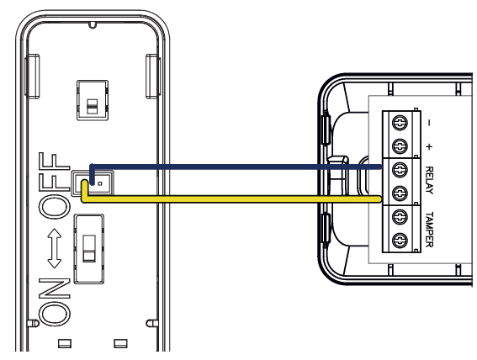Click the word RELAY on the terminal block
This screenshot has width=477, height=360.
coord(429,180)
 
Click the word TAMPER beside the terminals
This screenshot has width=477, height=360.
coord(429,230)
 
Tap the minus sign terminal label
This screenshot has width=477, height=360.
coord(429,123)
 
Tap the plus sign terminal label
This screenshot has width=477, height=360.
coord(429,147)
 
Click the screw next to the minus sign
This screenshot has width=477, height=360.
coord(400,123)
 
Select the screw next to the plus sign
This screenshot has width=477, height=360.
coord(400,146)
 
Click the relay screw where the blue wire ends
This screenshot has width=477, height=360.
coord(400,169)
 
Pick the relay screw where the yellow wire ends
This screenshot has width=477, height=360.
coord(400,193)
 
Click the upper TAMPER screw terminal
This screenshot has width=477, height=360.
coord(400,217)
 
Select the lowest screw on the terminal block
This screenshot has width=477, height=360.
coord(400,241)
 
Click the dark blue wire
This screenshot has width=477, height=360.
coord(236,167)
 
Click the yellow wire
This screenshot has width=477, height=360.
coord(231,199)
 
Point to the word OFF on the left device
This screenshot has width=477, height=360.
coord(55,186)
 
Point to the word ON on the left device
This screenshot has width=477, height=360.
coord(55,301)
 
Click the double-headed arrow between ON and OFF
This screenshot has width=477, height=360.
coord(55,248)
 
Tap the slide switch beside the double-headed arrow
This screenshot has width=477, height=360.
coord(89,249)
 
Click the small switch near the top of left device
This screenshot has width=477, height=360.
coord(93,100)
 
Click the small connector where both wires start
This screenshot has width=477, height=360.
coord(93,183)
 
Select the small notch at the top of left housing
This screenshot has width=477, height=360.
coord(93,25)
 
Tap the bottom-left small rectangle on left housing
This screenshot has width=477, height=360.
coord(65,343)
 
